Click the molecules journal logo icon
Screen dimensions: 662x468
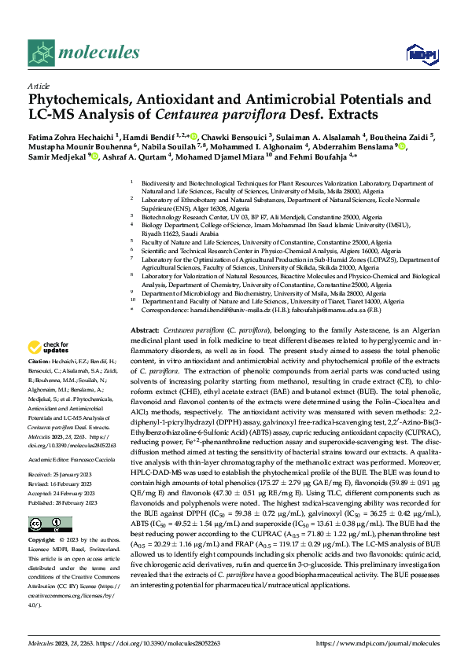click(40, 53)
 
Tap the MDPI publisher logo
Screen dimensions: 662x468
click(417, 53)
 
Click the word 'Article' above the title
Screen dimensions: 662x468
click(37, 86)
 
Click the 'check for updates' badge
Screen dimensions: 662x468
click(50, 348)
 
